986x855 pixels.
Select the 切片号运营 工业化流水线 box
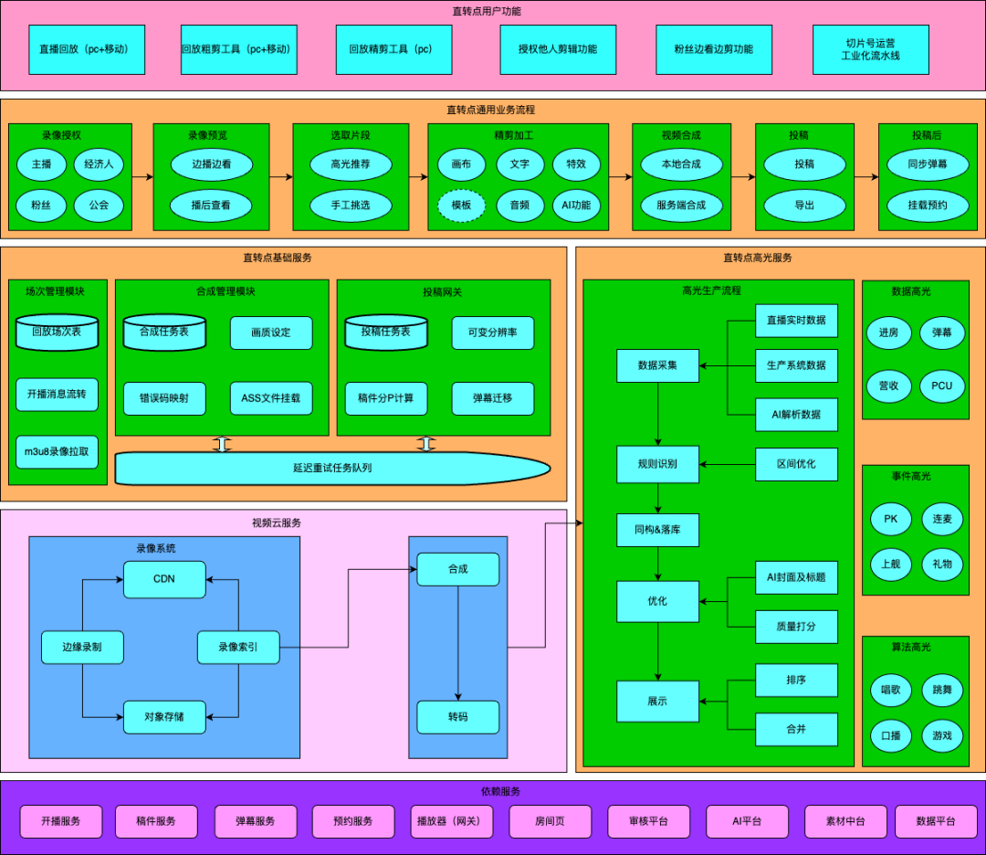[x=870, y=49]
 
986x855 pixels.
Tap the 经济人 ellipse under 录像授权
[x=104, y=164]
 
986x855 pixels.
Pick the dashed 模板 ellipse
[x=461, y=206]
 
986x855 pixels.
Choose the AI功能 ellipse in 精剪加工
[x=576, y=206]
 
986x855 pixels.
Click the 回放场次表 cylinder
[x=57, y=332]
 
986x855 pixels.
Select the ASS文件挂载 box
[x=270, y=398]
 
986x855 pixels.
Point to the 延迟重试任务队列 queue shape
[x=332, y=468]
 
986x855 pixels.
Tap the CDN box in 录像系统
[x=164, y=578]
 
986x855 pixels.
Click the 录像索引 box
[x=237, y=648]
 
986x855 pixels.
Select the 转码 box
[x=457, y=717]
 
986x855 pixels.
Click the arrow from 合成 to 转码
[x=457, y=643]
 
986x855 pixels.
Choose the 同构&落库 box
[x=657, y=530]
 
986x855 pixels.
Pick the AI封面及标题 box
[x=796, y=577]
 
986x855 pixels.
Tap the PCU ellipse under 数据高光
[x=941, y=385]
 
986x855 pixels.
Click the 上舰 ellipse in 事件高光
[x=890, y=564]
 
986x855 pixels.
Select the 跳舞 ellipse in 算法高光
[x=941, y=690]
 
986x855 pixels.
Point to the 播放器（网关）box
[x=451, y=821]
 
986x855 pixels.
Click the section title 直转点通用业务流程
[x=491, y=110]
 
